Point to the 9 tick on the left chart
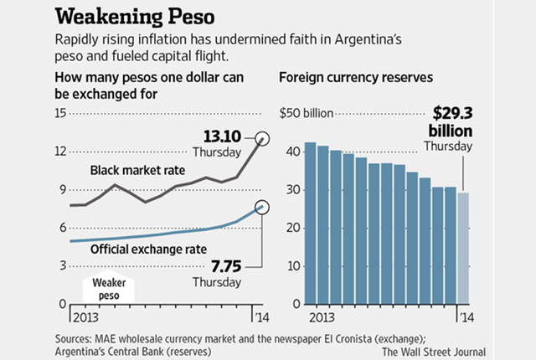[61, 190]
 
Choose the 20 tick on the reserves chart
[293, 228]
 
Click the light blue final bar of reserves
[465, 248]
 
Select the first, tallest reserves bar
[310, 223]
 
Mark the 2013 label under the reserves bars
[318, 316]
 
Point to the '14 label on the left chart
[260, 316]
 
